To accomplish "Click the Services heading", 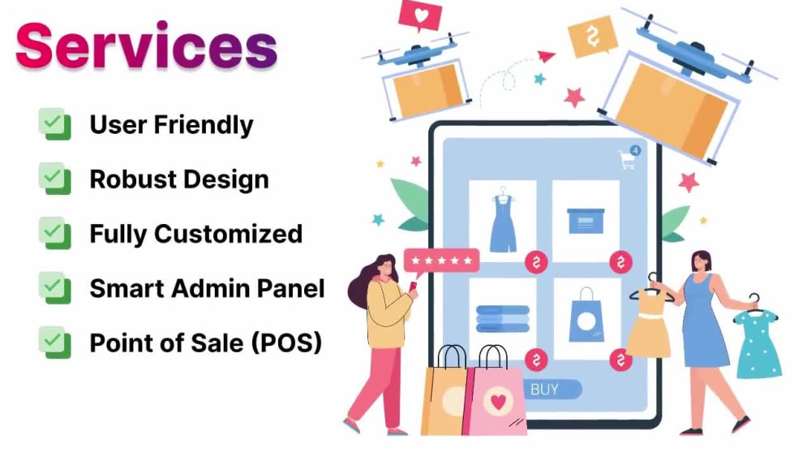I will [x=146, y=46].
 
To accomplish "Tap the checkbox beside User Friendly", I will [x=54, y=125].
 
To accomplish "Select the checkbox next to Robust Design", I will [x=54, y=179].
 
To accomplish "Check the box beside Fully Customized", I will [x=54, y=234].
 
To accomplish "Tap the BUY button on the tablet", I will [x=544, y=390].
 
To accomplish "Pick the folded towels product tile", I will [x=503, y=317].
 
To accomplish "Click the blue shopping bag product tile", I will [x=586, y=317].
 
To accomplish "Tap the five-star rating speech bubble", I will [x=442, y=261].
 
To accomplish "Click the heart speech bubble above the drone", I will [x=421, y=15].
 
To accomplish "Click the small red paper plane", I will [x=546, y=56].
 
